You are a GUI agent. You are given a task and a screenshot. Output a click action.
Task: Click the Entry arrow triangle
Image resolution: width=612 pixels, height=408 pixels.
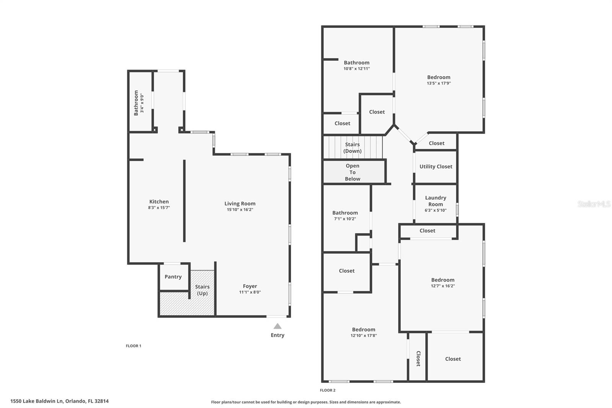(277, 326)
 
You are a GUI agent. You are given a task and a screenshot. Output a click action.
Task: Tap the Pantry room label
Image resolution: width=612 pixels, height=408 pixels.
(173, 277)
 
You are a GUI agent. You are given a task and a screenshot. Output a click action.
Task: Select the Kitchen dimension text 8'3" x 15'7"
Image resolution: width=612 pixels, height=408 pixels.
(159, 208)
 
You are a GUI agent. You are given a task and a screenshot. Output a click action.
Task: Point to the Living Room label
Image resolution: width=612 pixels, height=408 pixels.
(240, 204)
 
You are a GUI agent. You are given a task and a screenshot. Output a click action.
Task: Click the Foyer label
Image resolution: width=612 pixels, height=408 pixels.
(250, 286)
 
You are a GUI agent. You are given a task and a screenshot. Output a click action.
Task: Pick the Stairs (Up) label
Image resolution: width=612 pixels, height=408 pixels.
(202, 290)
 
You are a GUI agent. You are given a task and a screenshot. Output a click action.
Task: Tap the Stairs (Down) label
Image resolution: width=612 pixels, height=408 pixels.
(352, 147)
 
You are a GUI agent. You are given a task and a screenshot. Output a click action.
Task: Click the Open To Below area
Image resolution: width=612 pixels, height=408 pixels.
(353, 172)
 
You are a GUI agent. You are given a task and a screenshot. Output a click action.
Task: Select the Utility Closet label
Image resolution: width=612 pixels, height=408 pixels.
(436, 166)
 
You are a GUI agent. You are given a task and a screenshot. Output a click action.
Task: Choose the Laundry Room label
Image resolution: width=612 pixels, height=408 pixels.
(436, 201)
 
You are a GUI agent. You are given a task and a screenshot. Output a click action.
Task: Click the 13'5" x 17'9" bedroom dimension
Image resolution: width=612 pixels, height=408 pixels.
(439, 83)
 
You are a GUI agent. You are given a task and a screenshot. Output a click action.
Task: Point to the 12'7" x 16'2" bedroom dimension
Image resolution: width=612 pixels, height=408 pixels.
(443, 286)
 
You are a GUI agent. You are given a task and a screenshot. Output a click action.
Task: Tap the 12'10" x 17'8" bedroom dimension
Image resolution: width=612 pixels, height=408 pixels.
(364, 336)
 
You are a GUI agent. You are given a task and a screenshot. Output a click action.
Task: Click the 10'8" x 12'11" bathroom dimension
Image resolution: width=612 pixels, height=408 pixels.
(356, 69)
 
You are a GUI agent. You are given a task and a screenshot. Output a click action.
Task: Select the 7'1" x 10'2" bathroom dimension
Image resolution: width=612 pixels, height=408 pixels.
(345, 219)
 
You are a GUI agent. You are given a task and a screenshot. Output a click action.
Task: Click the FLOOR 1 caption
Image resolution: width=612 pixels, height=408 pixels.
(133, 346)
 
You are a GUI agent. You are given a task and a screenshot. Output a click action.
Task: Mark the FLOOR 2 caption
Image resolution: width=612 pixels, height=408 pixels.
(327, 390)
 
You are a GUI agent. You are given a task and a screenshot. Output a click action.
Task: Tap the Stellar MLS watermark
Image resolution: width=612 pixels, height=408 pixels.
(594, 204)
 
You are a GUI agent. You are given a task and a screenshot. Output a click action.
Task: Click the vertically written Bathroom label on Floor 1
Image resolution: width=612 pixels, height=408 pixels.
(136, 103)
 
